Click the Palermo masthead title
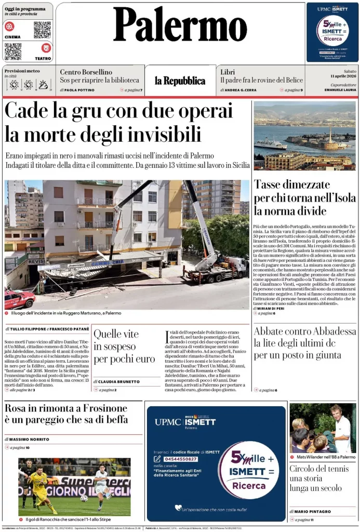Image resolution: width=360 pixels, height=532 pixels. pyautogui.click(x=180, y=25)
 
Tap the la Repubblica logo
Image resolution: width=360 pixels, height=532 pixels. pyautogui.click(x=180, y=81)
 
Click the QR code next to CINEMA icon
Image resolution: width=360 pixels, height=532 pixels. pyautogui.click(x=42, y=30)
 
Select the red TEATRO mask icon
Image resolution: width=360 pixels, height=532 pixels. pyautogui.click(x=46, y=48)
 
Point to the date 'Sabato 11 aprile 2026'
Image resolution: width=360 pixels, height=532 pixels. pyautogui.click(x=338, y=74)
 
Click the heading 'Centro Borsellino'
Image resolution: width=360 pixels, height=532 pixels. pyautogui.click(x=86, y=72)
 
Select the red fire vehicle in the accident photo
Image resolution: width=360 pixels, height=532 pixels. pyautogui.click(x=19, y=299)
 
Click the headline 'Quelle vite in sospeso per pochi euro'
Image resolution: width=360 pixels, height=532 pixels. pyautogui.click(x=124, y=346)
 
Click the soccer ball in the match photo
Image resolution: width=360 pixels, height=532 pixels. pyautogui.click(x=84, y=498)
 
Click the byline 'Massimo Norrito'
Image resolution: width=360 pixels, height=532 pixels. pyautogui.click(x=29, y=440)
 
